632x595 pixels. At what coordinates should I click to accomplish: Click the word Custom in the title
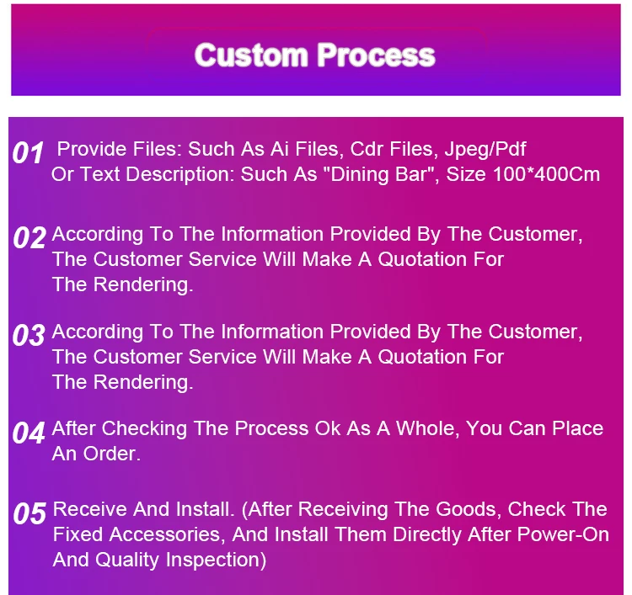[x=251, y=56]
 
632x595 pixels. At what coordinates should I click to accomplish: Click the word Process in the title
[x=376, y=56]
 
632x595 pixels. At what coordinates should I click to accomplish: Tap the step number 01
[x=28, y=153]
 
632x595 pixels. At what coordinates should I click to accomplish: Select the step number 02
[x=29, y=237]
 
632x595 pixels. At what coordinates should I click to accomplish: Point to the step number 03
[x=29, y=335]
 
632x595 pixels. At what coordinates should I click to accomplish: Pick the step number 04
[x=29, y=433]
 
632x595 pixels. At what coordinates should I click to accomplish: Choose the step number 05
[x=29, y=513]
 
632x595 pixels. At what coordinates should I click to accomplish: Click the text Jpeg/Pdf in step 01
[x=485, y=150]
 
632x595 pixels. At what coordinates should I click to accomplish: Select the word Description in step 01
[x=180, y=175]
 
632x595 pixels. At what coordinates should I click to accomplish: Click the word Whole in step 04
[x=428, y=429]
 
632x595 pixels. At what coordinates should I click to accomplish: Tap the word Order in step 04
[x=111, y=454]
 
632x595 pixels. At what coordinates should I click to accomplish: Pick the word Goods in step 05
[x=469, y=510]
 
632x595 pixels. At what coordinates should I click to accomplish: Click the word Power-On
[x=563, y=534]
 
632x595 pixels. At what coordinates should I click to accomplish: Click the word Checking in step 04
[x=144, y=429]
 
